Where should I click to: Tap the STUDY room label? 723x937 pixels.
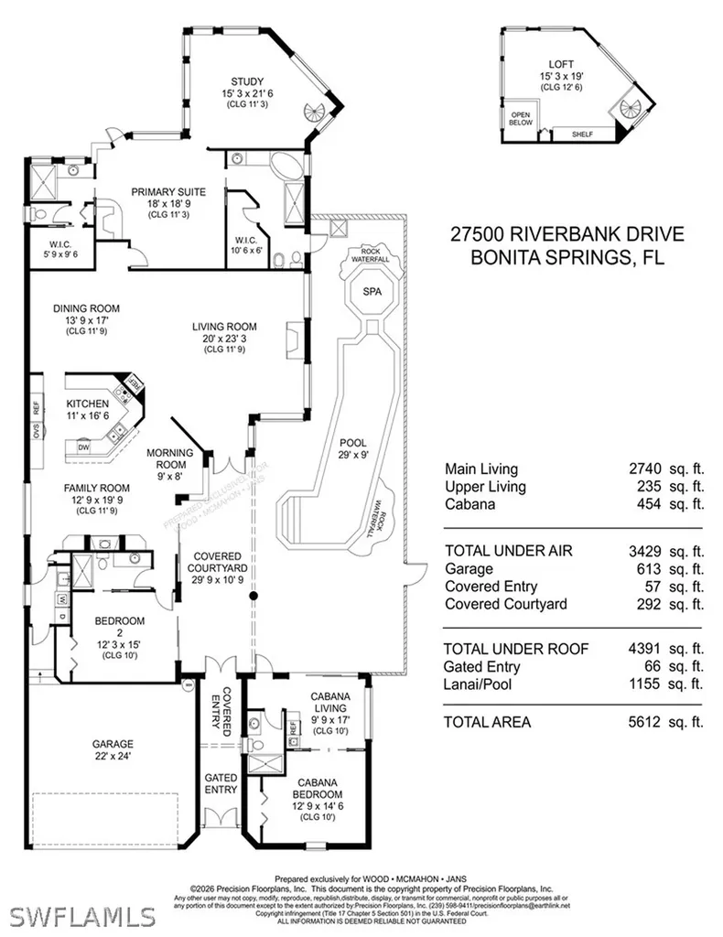(247, 81)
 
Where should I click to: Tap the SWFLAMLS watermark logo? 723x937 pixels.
(82, 915)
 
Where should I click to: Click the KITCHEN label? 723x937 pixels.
(87, 404)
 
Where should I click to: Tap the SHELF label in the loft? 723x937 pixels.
(582, 135)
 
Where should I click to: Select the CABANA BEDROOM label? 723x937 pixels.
(313, 788)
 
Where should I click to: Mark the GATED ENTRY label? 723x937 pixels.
(221, 782)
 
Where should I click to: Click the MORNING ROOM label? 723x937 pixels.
(170, 458)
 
